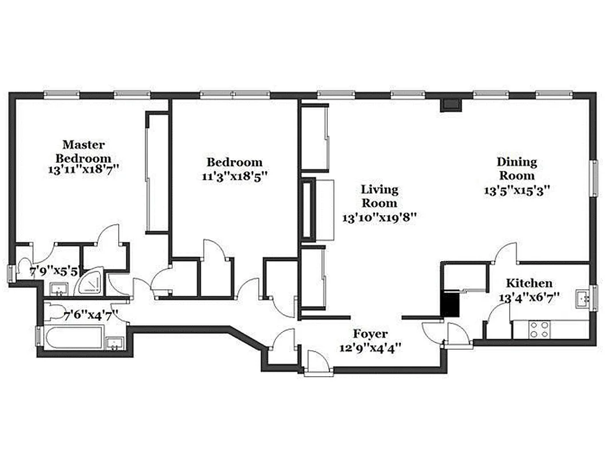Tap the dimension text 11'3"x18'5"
pos(235,176)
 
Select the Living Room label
pos(379,196)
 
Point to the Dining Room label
pos(516,169)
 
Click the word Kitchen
pos(529,283)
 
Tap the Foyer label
pos(370,334)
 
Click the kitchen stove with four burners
pos(539,329)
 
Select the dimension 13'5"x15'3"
pos(517,191)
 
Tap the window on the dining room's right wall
pos(594,179)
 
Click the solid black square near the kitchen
pos(450,303)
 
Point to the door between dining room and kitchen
pos(507,253)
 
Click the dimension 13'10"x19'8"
pos(379,218)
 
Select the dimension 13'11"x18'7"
pos(84,170)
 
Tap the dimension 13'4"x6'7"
pos(529,297)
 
